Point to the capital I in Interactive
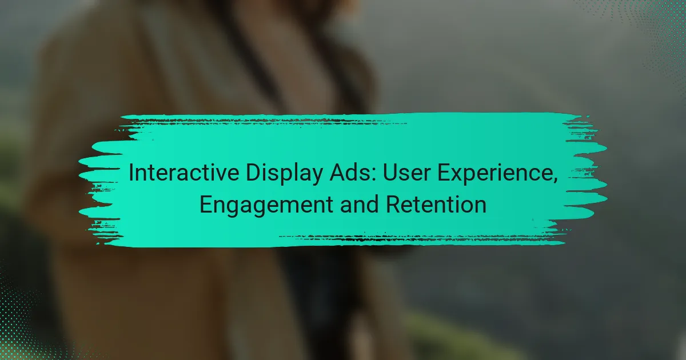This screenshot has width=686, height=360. coord(131,174)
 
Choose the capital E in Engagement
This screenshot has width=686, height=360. coord(205,205)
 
